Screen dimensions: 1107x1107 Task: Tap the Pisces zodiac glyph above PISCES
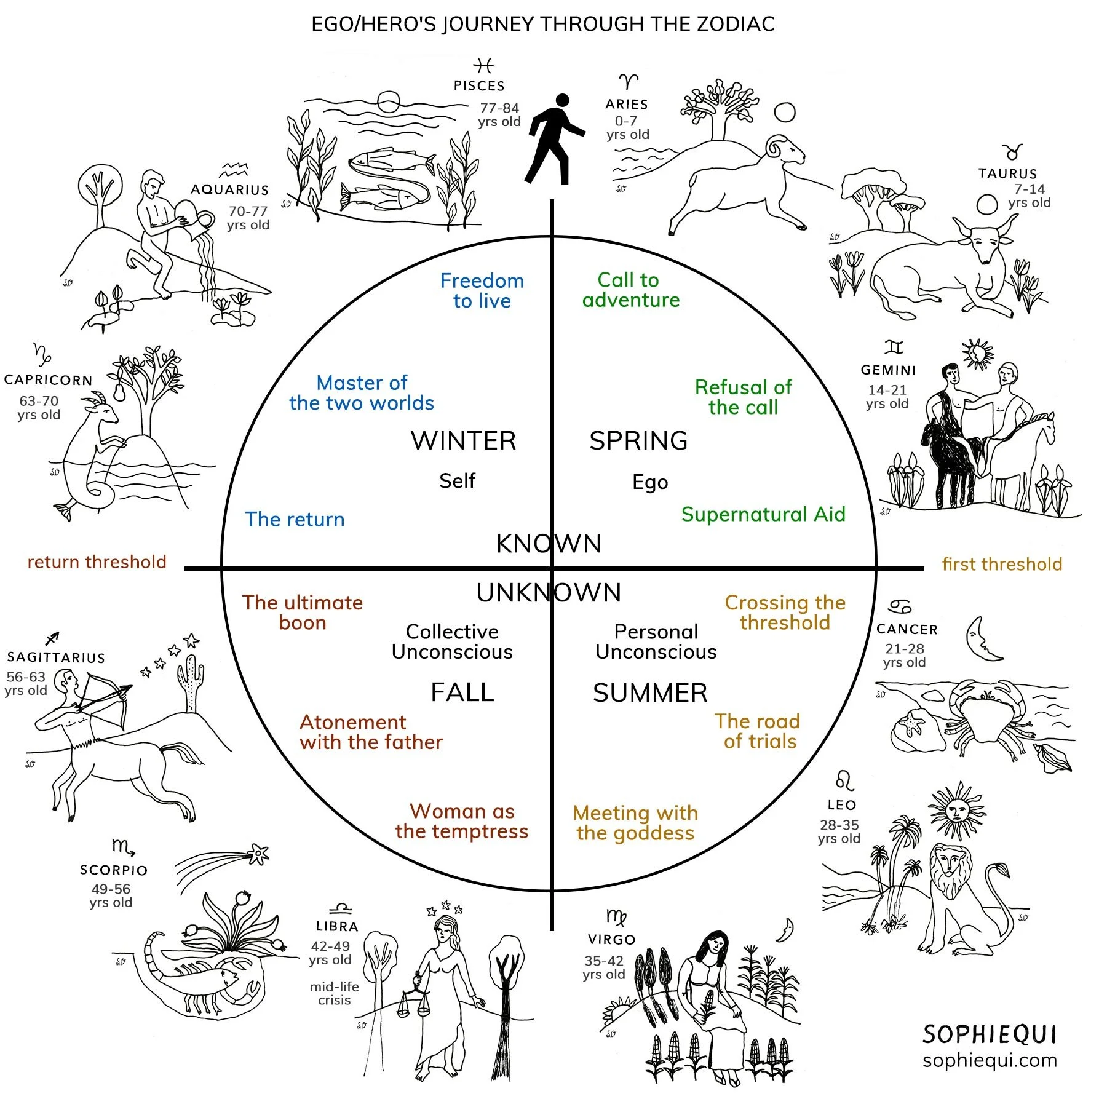pos(483,65)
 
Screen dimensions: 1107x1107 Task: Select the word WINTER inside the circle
pos(463,440)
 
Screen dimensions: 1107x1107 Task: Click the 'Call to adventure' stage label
pos(630,290)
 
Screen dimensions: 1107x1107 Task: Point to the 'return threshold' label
pos(97,561)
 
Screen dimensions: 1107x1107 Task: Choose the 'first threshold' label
pos(1002,564)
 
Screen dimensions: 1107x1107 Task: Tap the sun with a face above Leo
pos(955,810)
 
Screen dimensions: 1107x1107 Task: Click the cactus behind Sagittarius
pos(192,683)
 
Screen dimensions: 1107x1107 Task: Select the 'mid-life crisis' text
pos(334,993)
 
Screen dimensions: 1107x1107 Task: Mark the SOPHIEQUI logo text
pos(989,1034)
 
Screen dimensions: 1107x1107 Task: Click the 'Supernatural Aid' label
pos(763,514)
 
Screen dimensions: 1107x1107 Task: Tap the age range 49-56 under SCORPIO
pos(111,889)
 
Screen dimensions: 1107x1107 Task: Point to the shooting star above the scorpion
pos(258,853)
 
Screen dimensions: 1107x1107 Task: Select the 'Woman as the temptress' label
pos(462,821)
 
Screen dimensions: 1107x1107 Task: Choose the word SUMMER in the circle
pos(650,693)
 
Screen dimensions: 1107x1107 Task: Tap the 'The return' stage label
pos(295,519)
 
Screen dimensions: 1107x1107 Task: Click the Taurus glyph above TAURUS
pos(1012,151)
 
